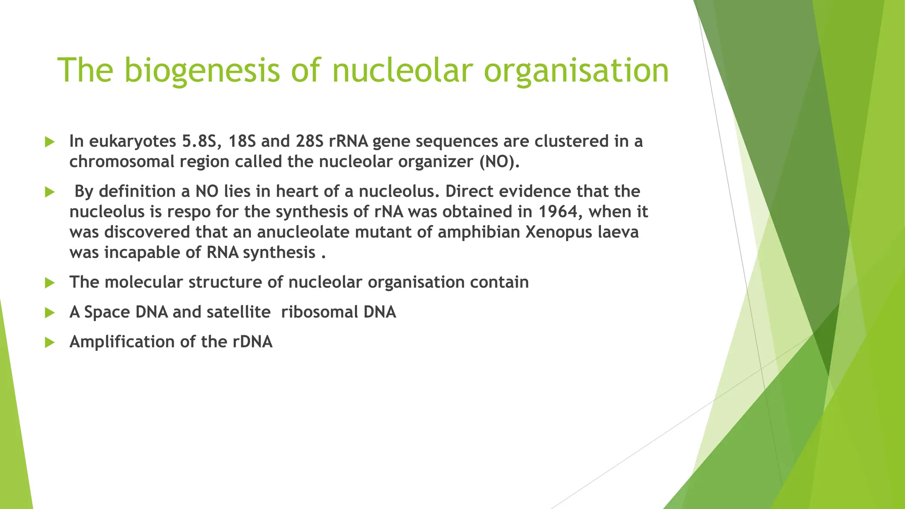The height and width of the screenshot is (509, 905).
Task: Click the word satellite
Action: tap(239, 312)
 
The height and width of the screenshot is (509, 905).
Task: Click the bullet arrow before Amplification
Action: tap(49, 342)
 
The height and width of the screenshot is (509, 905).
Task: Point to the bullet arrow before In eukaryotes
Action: tap(49, 142)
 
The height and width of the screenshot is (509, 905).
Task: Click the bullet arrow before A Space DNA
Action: tap(49, 313)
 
